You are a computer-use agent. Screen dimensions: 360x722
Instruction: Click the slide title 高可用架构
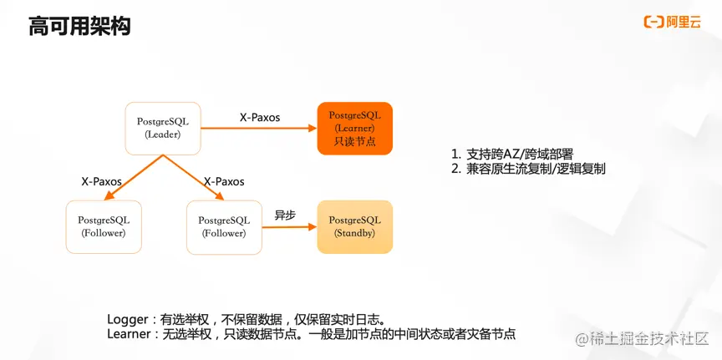tap(79, 27)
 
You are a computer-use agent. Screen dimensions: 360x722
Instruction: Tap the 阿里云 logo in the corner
tap(672, 22)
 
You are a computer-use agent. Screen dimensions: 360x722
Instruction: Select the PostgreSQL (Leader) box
tap(163, 128)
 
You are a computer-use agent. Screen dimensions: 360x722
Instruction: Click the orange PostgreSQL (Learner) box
tap(354, 128)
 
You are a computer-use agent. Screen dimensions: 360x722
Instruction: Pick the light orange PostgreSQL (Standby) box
tap(354, 226)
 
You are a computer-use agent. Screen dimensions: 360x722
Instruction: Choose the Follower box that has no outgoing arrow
tap(104, 226)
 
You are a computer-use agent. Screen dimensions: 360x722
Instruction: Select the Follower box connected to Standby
tap(223, 226)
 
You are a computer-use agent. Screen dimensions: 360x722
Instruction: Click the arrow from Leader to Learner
tap(259, 128)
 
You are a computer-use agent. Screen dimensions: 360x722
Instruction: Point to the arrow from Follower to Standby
tap(288, 226)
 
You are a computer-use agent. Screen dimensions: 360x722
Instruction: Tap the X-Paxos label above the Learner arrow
tap(260, 118)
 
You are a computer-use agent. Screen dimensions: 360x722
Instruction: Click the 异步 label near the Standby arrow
tap(285, 215)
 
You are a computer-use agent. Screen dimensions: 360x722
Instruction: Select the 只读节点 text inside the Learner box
tap(355, 141)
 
